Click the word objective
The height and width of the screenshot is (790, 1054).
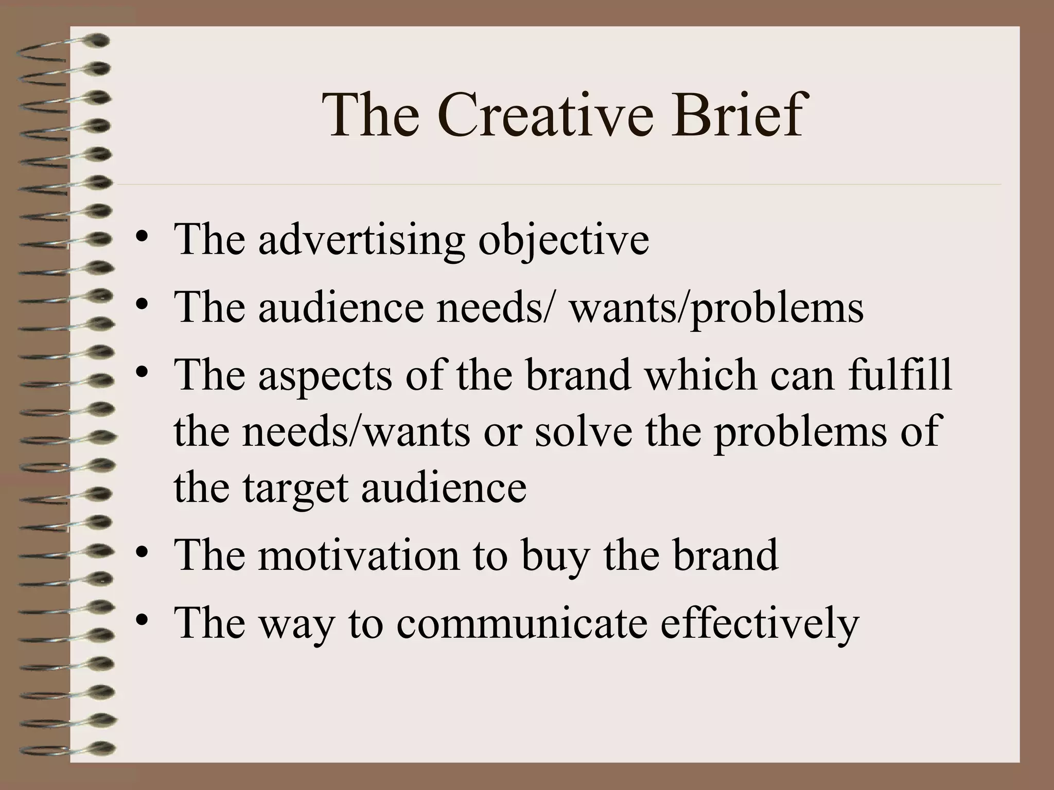tap(564, 240)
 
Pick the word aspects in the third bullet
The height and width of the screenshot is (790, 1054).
tap(325, 375)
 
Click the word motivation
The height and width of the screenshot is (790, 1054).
tap(359, 555)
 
